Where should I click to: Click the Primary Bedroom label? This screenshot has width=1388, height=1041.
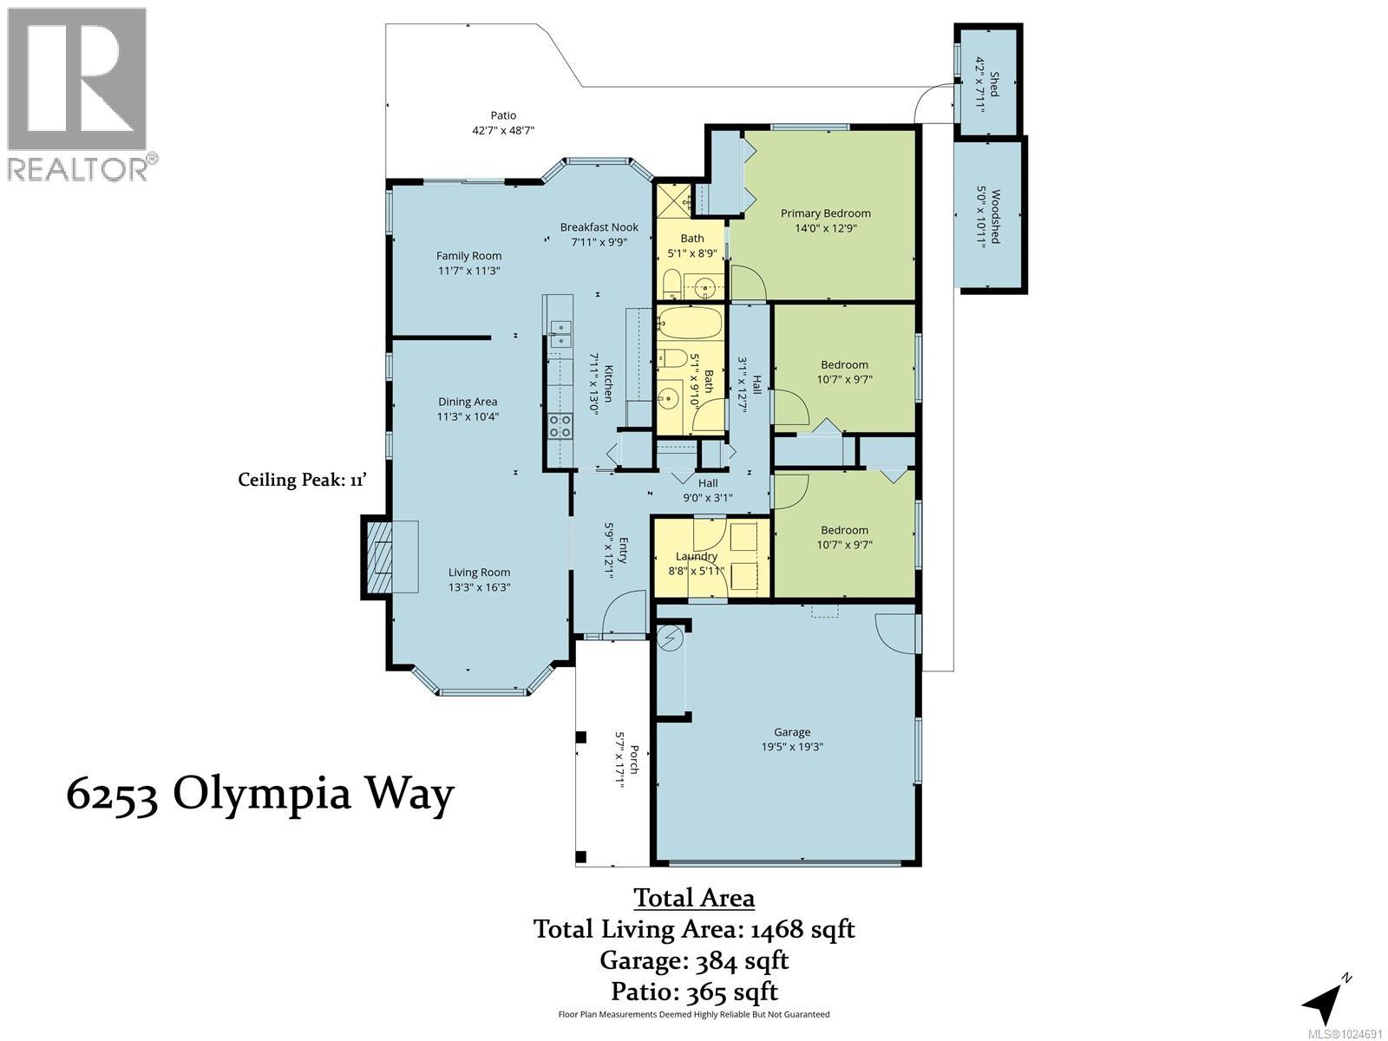pos(825,213)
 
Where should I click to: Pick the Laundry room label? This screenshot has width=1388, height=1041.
pos(696,556)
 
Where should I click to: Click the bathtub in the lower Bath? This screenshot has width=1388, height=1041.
pos(690,324)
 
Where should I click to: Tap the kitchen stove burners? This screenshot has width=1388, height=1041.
pos(560,425)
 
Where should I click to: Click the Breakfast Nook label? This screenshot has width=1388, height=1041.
pos(599,227)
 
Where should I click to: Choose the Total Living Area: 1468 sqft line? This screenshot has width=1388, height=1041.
pos(694,929)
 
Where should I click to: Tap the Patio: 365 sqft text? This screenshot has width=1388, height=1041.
pos(694,991)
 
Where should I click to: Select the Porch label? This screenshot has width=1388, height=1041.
pos(634,760)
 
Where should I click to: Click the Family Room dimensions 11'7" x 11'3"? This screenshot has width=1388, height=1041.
pos(468,271)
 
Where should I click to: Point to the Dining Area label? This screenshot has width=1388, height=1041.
pos(468,402)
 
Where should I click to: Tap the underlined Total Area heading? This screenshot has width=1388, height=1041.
pos(694,897)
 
